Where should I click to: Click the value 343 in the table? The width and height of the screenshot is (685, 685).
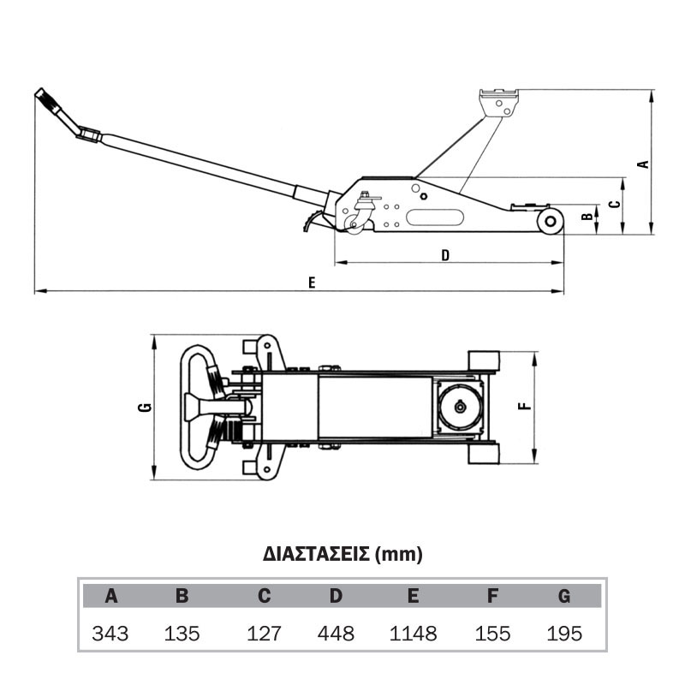(110, 634)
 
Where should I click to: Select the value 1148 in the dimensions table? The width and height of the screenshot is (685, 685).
(413, 634)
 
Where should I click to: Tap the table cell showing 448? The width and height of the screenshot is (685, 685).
(336, 634)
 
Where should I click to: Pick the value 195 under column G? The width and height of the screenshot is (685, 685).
(564, 634)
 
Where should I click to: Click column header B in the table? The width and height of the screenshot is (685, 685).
(182, 596)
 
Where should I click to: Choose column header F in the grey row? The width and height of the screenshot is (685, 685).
(492, 596)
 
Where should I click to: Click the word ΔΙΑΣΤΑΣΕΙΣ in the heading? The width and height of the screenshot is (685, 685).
(316, 554)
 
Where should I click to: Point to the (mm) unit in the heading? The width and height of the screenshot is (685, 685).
(399, 554)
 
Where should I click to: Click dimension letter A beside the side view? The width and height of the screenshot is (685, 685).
(644, 164)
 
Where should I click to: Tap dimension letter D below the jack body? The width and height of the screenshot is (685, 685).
(445, 255)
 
